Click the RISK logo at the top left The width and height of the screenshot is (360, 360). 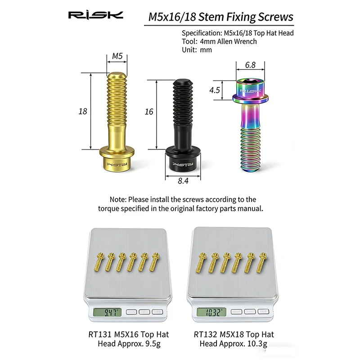coord(95,15)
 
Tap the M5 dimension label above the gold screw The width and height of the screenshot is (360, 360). coord(117,56)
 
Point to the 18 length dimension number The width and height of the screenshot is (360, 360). coord(83,111)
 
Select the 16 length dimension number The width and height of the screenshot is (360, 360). coord(149,112)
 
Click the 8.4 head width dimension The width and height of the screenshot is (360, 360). coord(183,181)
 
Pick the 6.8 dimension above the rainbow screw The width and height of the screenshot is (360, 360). coord(250,65)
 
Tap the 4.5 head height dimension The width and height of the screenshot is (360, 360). coord(215,90)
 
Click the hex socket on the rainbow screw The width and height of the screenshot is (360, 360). coord(250,81)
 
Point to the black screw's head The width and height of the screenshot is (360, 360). coord(183,159)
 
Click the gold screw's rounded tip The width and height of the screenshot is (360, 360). coord(117,75)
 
